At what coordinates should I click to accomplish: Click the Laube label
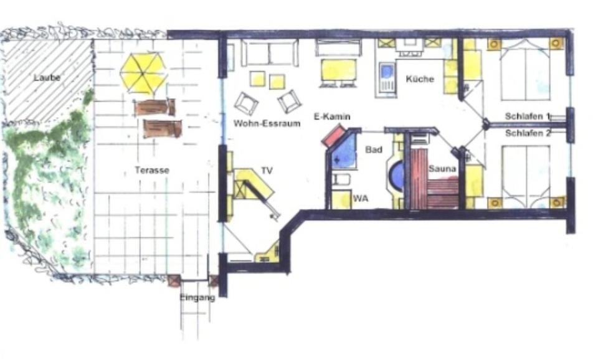coord(47,78)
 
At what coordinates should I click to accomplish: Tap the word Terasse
coord(152,170)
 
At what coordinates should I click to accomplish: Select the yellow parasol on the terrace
coord(144,72)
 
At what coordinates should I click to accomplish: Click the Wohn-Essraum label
coord(267,123)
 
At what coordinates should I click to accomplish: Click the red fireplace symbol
coord(333,136)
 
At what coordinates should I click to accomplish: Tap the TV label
coord(267,169)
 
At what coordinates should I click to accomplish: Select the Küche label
coord(420,79)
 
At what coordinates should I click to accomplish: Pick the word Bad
coord(374,150)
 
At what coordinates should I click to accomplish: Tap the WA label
coord(360,199)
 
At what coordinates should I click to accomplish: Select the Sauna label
coord(442,168)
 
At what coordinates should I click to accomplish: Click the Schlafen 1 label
coord(528,116)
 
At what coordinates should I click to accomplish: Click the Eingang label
coord(197,298)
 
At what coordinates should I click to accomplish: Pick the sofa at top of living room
coord(269,53)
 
